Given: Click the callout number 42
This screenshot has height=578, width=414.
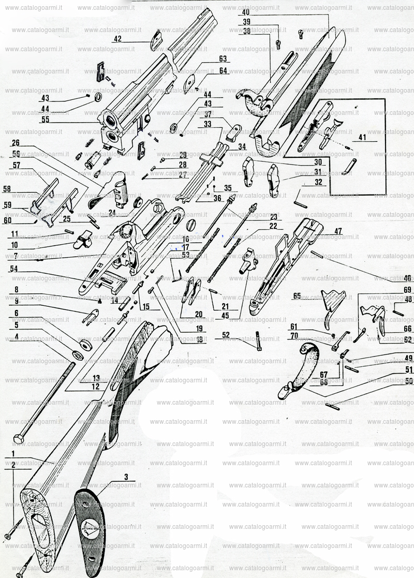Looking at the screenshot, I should click(117, 39).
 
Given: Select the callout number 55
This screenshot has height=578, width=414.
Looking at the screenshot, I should click(45, 120).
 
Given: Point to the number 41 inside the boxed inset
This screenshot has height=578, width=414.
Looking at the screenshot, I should click(361, 138).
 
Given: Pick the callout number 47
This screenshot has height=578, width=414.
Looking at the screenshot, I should click(338, 231).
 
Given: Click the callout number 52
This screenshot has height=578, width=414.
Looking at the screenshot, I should click(226, 335).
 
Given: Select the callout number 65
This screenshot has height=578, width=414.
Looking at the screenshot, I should click(297, 296).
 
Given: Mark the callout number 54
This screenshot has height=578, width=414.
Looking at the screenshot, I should click(13, 269).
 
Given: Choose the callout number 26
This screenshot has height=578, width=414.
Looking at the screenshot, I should click(16, 143).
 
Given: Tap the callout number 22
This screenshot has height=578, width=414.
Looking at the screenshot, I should click(273, 226).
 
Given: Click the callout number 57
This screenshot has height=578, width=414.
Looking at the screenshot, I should click(17, 165).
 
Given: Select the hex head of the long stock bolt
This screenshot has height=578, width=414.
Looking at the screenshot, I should click(19, 439).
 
